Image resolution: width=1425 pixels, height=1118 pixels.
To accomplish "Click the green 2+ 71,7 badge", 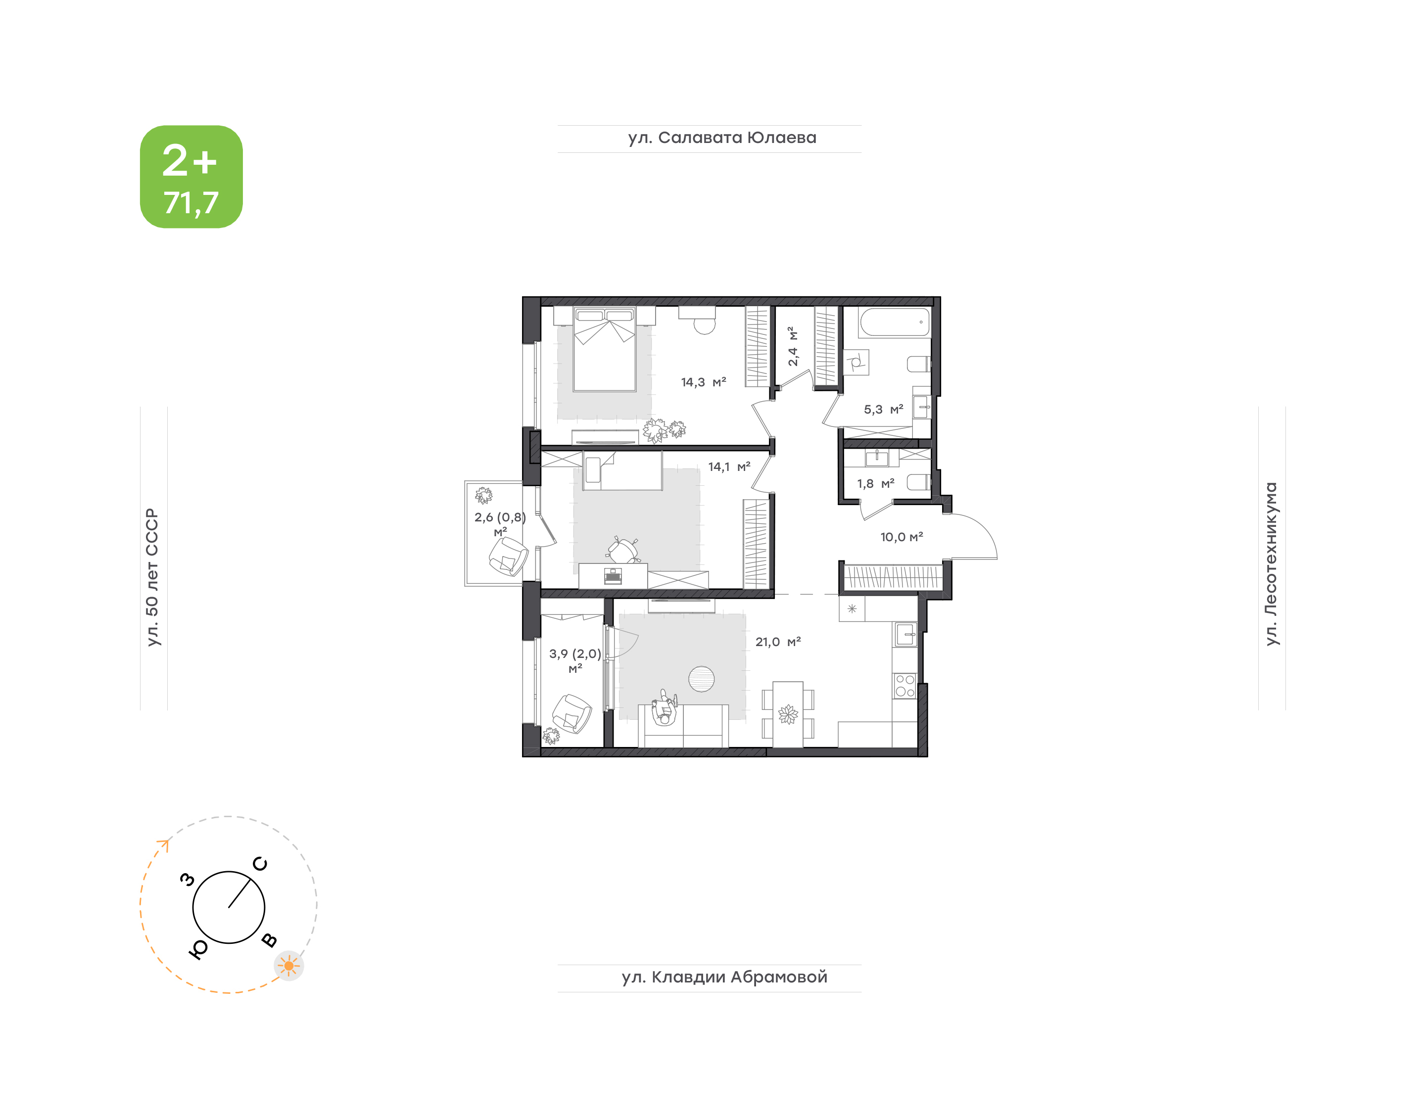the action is pyautogui.click(x=191, y=177).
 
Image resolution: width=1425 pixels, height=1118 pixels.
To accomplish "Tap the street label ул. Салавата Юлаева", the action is pyautogui.click(x=722, y=138).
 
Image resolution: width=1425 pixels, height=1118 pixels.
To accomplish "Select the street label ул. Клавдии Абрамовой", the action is pyautogui.click(x=724, y=978).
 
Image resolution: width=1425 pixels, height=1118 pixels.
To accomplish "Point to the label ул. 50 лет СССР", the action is pyautogui.click(x=152, y=577).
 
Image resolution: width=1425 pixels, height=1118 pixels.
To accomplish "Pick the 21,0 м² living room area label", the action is pyautogui.click(x=778, y=642).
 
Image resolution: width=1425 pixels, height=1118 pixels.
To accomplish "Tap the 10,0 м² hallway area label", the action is pyautogui.click(x=902, y=537).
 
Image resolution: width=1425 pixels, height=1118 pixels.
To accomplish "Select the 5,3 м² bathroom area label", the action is pyautogui.click(x=883, y=410).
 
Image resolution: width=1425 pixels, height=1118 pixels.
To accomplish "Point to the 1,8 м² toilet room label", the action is pyautogui.click(x=875, y=484).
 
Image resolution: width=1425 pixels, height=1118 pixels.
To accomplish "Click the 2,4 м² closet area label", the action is pyautogui.click(x=793, y=346).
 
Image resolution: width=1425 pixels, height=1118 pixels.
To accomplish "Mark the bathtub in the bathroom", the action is pyautogui.click(x=895, y=322).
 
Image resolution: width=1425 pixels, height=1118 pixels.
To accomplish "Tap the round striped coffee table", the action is pyautogui.click(x=701, y=679).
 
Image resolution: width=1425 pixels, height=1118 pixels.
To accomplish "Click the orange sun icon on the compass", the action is pyautogui.click(x=288, y=966).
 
